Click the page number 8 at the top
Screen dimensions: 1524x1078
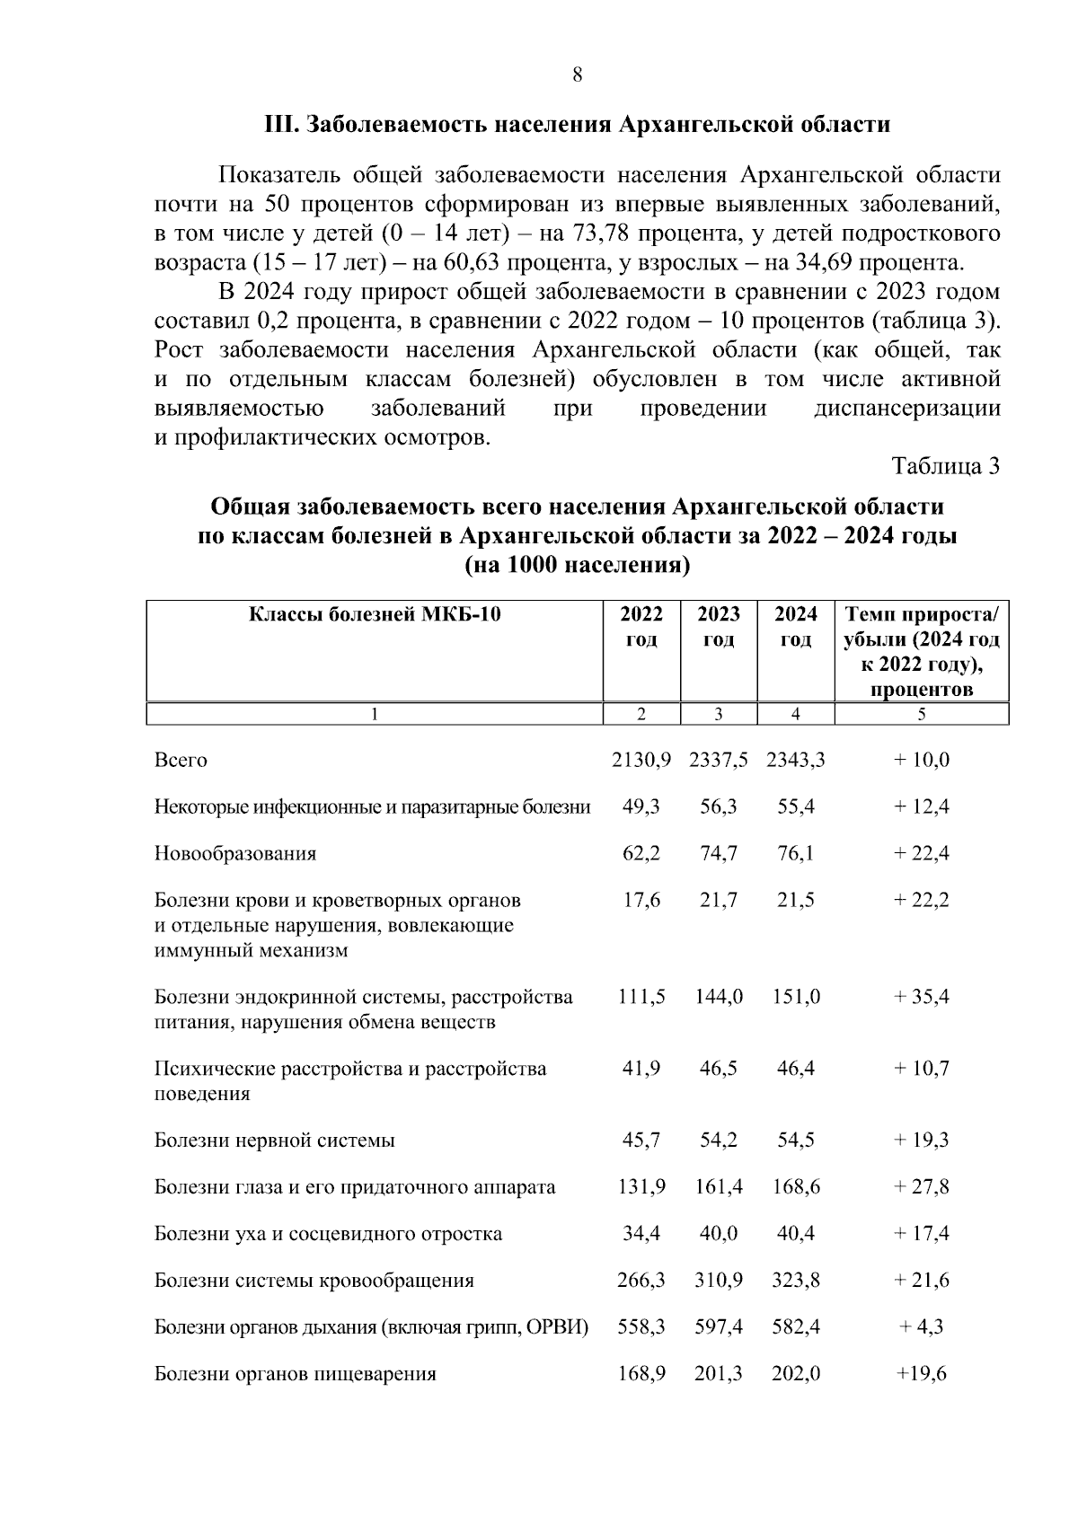point(578,75)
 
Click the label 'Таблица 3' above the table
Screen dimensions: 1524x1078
point(945,466)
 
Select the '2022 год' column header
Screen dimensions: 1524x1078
point(641,627)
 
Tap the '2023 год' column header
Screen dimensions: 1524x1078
point(719,627)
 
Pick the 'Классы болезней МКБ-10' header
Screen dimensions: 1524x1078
point(375,615)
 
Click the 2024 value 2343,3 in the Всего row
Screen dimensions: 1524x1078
point(795,761)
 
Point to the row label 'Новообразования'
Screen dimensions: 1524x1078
point(235,853)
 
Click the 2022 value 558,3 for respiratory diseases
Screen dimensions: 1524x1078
point(641,1327)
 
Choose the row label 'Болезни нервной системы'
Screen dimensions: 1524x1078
point(275,1141)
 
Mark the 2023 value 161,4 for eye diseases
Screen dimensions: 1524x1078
point(719,1187)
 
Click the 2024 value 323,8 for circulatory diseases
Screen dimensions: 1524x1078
point(795,1281)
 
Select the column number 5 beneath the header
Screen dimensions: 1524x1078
point(922,715)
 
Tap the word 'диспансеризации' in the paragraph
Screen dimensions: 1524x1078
point(906,410)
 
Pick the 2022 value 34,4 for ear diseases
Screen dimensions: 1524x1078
point(641,1234)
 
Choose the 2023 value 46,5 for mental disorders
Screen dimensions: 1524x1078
point(719,1069)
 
